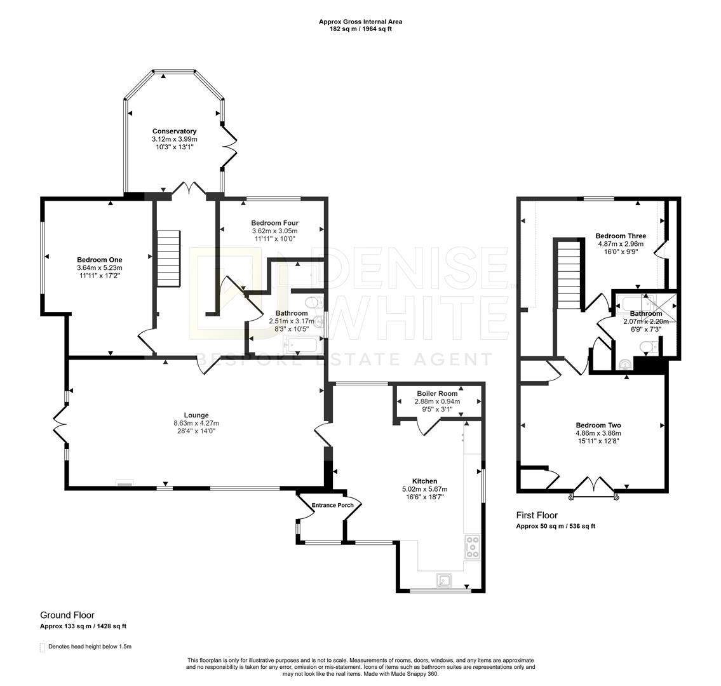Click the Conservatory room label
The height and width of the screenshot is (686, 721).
pos(174,131)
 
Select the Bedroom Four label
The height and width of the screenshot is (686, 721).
pos(274,223)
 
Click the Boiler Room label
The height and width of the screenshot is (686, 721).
pos(437,393)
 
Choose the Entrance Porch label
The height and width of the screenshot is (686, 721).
pos(333,505)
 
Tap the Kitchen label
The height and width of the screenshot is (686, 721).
pos(424,481)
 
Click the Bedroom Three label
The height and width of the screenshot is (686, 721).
pos(621,236)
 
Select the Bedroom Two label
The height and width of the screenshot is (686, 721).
pos(598,426)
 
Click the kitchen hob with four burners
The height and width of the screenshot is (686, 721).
pos(472,547)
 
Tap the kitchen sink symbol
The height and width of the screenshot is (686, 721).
pos(444,581)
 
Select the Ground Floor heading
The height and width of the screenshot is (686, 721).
pos(67,615)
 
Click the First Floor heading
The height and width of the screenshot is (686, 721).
pos(537,515)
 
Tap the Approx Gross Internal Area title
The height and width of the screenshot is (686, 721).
pos(361,22)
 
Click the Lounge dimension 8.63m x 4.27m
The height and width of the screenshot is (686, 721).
pos(196,423)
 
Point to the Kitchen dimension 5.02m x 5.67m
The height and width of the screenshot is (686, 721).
pos(424,488)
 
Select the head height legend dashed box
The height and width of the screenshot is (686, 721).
pos(43,647)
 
